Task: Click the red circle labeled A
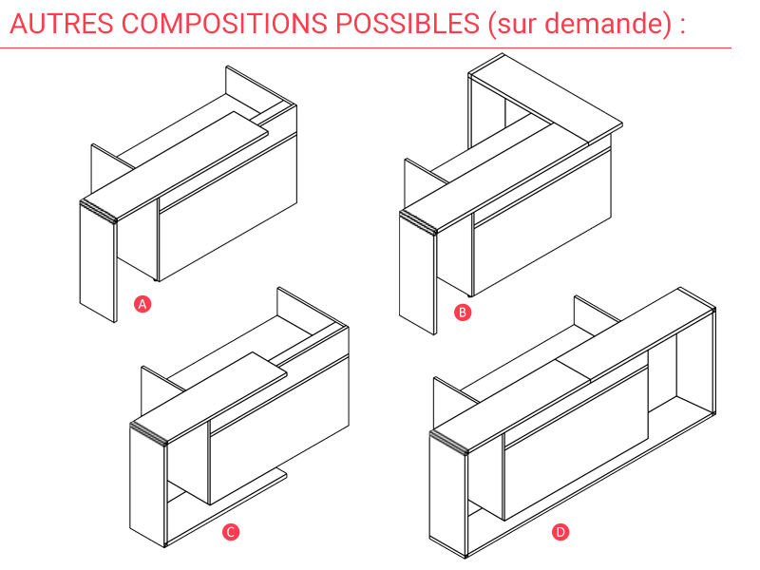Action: (x=142, y=304)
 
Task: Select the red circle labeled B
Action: (x=463, y=313)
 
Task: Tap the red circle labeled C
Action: (x=231, y=532)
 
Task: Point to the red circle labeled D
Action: (x=560, y=532)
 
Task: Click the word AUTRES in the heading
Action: (x=62, y=23)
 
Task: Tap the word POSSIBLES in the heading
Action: (x=408, y=23)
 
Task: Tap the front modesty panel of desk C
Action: (x=278, y=429)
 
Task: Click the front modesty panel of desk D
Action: (x=576, y=443)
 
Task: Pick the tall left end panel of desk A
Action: (x=99, y=262)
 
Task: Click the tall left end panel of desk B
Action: (x=418, y=274)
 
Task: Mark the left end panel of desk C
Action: (x=148, y=485)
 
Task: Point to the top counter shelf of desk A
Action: (x=175, y=165)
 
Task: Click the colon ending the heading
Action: (x=682, y=27)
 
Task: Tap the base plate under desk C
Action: (x=227, y=507)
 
